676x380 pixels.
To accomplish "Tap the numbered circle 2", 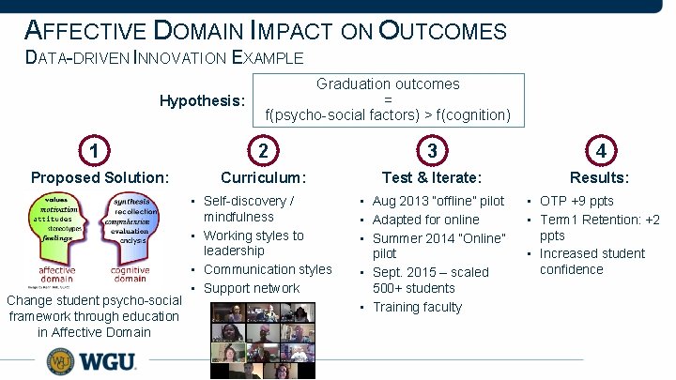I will point(263,150).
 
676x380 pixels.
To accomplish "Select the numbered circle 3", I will point(431,150).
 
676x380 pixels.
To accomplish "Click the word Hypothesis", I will point(202,100).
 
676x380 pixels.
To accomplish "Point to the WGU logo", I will point(92,361).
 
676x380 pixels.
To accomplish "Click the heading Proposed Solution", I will point(100,177).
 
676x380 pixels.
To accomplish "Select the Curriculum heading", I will point(263,177).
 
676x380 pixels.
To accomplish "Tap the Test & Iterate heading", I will point(431,177).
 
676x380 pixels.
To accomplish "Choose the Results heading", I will point(599,177).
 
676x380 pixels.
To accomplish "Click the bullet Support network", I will point(251,288).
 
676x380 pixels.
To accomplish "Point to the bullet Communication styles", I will point(267,269).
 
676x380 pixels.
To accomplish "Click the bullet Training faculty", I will point(417,307).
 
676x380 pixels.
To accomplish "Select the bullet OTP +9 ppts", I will point(576,201).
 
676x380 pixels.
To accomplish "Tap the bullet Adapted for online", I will point(425,220).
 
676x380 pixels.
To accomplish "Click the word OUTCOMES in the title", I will point(442,31).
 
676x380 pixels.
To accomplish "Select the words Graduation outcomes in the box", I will point(388,84).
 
